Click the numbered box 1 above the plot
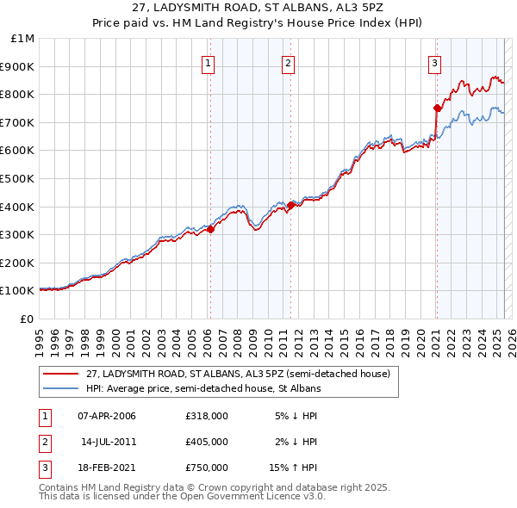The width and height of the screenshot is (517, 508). tap(209, 62)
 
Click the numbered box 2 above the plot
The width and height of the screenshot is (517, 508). tap(288, 62)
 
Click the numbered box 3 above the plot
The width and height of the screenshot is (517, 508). tap(435, 62)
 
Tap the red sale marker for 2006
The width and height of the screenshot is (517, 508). tap(210, 229)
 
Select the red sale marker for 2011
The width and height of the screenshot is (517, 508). tap(291, 205)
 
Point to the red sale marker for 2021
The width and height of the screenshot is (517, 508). tap(437, 108)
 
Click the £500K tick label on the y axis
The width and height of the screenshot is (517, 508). tap(16, 178)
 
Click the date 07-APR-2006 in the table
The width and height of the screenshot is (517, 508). tap(107, 416)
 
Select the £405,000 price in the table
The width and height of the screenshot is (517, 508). tap(206, 442)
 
